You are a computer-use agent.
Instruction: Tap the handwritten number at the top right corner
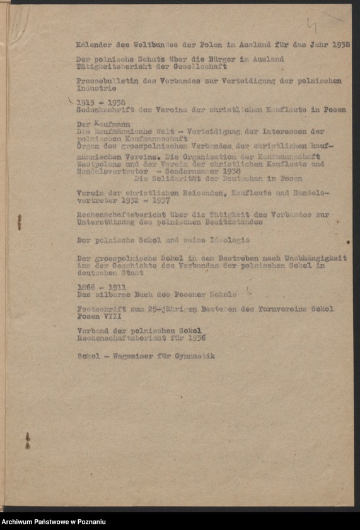click(311, 25)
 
